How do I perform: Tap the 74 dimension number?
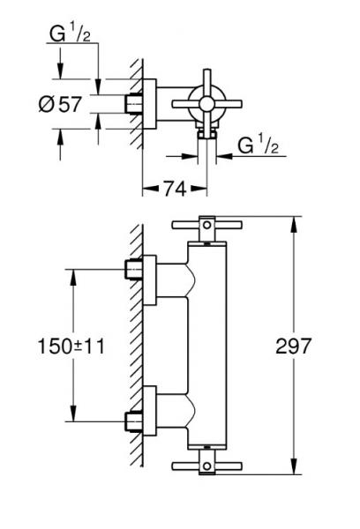[173, 187]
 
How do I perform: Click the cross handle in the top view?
[208, 105]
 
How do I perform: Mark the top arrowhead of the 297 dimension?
[296, 222]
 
